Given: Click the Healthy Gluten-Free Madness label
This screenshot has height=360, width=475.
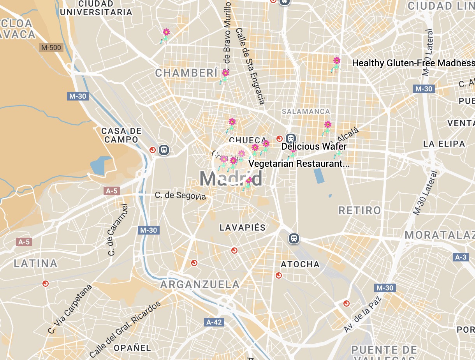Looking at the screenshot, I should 413,63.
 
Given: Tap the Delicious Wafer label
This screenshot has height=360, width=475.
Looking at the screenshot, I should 314,146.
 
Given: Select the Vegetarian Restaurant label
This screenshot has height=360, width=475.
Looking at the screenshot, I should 299,164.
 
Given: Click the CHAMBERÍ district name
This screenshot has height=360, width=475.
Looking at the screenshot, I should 186,73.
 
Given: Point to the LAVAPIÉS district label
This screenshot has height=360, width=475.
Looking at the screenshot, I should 242,228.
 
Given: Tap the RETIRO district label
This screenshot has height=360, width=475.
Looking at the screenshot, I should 360,211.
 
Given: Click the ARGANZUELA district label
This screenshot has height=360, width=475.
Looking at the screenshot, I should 200,284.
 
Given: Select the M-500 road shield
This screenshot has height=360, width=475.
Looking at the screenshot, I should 51,48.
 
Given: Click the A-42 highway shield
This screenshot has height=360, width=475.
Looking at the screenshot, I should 214,322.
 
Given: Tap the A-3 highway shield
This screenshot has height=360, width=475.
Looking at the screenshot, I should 461,257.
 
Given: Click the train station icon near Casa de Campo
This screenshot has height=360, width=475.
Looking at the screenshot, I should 164,150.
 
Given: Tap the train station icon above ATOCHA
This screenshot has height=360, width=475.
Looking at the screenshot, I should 294,238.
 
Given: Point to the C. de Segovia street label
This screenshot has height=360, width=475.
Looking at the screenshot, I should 180,195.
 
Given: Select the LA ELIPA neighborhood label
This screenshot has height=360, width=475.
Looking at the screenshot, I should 444,144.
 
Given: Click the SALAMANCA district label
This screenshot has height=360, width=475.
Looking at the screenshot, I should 306,111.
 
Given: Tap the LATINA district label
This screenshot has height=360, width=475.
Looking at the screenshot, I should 36,264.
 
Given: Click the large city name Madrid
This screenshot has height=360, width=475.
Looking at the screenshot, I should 231,179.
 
